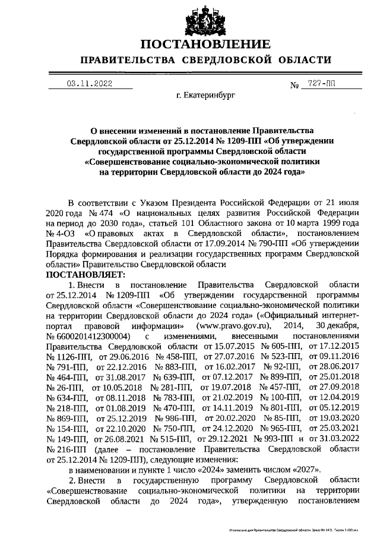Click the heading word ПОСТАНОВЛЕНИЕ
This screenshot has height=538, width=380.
pyautogui.click(x=205, y=44)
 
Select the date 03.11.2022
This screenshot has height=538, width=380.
pyautogui.click(x=89, y=84)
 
